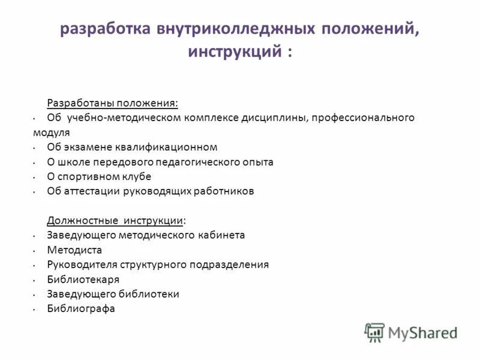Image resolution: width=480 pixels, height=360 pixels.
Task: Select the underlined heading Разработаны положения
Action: pyautogui.click(x=113, y=103)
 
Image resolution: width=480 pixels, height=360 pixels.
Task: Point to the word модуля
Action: pyautogui.click(x=51, y=132)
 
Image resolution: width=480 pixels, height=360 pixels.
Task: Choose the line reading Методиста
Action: pyautogui.click(x=74, y=250)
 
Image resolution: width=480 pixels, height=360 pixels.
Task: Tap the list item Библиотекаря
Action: pyautogui.click(x=83, y=280)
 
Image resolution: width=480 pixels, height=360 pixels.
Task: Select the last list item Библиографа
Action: pyautogui.click(x=81, y=309)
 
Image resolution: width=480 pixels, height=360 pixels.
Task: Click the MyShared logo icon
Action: pyautogui.click(x=374, y=332)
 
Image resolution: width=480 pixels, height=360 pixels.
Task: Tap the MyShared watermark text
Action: pyautogui.click(x=422, y=332)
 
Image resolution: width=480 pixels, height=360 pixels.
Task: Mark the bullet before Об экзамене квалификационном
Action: pyautogui.click(x=35, y=148)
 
